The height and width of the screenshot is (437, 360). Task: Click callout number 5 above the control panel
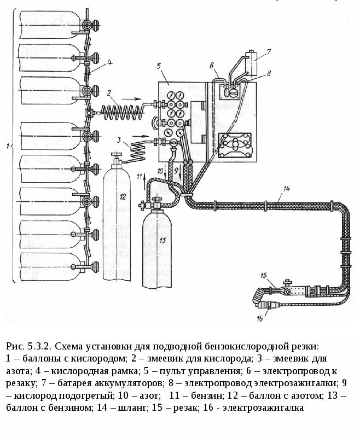click(158, 66)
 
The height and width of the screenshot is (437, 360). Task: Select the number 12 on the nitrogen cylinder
click(123, 196)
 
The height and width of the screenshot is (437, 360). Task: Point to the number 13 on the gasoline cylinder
click(162, 240)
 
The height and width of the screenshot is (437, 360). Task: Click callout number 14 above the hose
click(286, 189)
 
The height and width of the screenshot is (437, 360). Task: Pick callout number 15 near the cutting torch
click(263, 275)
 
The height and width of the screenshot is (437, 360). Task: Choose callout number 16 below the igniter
click(259, 317)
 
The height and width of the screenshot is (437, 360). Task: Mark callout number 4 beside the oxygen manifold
click(109, 62)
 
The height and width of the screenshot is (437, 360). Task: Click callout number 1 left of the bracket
click(6, 146)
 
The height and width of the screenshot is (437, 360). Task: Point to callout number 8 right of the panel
click(268, 73)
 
